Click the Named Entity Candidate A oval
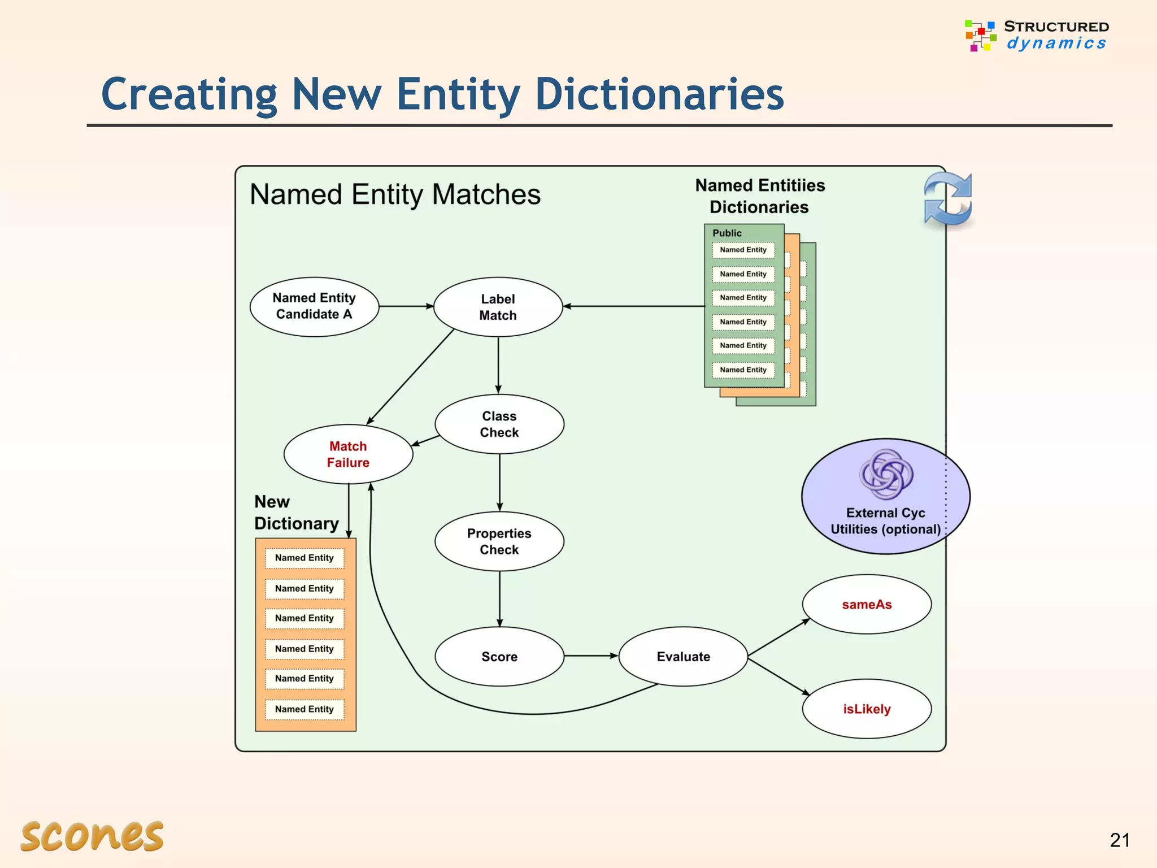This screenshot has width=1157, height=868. pyautogui.click(x=314, y=307)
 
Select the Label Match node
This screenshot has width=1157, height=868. pyautogui.click(x=498, y=307)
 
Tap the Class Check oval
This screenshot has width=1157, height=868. pyautogui.click(x=499, y=424)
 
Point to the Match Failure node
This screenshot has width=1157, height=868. pyautogui.click(x=348, y=454)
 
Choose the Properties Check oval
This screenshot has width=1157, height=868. pyautogui.click(x=499, y=541)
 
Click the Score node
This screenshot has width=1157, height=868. pyautogui.click(x=499, y=657)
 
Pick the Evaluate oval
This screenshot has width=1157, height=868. pyautogui.click(x=683, y=657)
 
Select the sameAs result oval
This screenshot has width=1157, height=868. pyautogui.click(x=867, y=605)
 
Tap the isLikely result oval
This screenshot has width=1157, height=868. pyautogui.click(x=867, y=709)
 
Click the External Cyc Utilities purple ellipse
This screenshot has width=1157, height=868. pyautogui.click(x=885, y=496)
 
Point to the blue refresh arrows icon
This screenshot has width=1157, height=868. pyautogui.click(x=948, y=199)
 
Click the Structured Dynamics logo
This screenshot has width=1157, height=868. pyautogui.click(x=1037, y=35)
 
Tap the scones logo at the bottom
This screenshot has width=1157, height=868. pyautogui.click(x=92, y=836)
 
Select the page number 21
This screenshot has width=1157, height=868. pyautogui.click(x=1119, y=840)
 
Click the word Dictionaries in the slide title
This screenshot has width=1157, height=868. pyautogui.click(x=659, y=94)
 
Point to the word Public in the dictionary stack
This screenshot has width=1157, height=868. pyautogui.click(x=727, y=233)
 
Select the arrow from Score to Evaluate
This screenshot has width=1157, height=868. pyautogui.click(x=591, y=656)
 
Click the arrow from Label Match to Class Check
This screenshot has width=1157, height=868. pyautogui.click(x=498, y=365)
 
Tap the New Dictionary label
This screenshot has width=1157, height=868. pyautogui.click(x=296, y=513)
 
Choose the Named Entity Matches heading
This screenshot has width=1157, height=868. pyautogui.click(x=395, y=194)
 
